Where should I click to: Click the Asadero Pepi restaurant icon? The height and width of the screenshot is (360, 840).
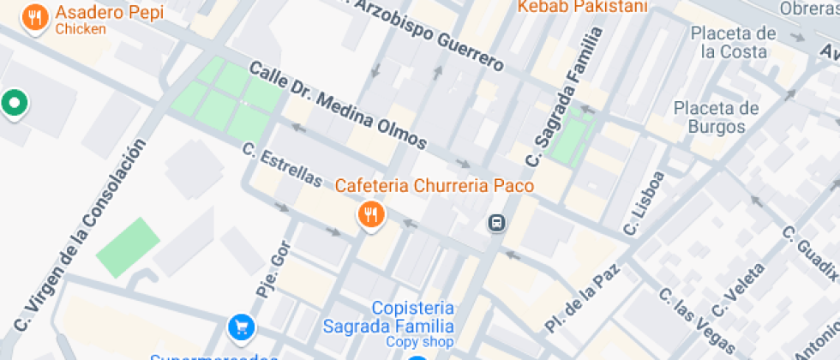coord(35,17)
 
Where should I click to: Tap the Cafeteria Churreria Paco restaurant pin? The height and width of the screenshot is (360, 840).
coord(370,215)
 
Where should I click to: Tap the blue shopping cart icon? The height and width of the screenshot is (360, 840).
coord(242,327)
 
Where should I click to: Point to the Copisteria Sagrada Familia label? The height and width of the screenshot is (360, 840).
coord(412,317)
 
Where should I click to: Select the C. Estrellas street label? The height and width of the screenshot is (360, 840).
coord(282,165)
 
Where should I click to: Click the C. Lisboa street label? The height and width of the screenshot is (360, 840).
coord(645,203)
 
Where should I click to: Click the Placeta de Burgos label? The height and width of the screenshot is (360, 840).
coord(716,117)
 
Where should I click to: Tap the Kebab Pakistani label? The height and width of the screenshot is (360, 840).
coord(582,7)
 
